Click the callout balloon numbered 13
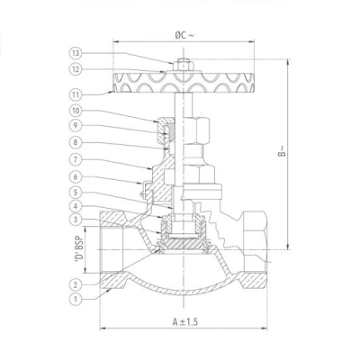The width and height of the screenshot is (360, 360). (76, 54)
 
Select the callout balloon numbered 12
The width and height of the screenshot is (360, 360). (76, 69)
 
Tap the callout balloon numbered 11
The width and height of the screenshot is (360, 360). (76, 94)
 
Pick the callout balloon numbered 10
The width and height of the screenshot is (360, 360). (76, 111)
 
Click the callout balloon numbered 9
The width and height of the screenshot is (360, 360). (76, 126)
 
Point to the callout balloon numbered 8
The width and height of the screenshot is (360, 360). (76, 142)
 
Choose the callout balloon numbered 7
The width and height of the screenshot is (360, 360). (76, 159)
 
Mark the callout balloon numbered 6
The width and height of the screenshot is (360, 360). (76, 176)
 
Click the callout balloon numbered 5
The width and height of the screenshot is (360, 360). (76, 191)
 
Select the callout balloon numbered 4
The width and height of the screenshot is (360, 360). (76, 206)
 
